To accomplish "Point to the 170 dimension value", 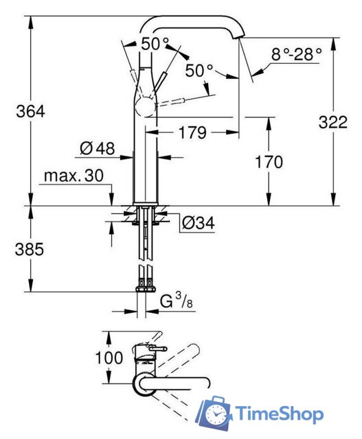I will tap(269, 163).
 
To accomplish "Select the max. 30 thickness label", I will tap(73, 176).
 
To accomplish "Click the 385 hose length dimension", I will tap(29, 249).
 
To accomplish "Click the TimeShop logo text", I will tap(279, 414).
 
